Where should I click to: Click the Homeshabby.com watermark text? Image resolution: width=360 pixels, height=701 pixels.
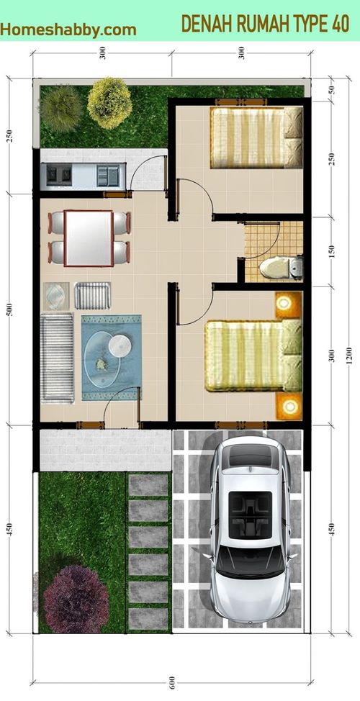(68, 30)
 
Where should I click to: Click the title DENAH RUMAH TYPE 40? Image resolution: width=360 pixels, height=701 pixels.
(265, 24)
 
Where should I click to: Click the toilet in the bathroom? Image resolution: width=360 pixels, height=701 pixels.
(282, 268)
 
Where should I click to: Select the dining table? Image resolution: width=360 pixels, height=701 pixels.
(89, 238)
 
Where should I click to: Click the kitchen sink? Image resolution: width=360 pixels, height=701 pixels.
(108, 175)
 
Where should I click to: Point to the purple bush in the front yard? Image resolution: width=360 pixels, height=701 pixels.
(76, 599)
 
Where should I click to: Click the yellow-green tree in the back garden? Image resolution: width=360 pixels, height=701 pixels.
(109, 103)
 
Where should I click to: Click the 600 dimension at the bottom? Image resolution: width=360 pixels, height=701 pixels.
(172, 688)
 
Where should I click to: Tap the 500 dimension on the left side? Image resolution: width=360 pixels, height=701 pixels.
(10, 309)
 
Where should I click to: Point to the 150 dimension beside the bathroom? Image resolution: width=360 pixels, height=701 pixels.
(331, 252)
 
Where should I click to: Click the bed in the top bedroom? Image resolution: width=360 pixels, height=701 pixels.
(256, 137)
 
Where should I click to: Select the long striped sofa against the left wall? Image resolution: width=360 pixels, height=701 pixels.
(58, 358)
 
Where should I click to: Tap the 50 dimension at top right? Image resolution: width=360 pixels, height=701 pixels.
(331, 89)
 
